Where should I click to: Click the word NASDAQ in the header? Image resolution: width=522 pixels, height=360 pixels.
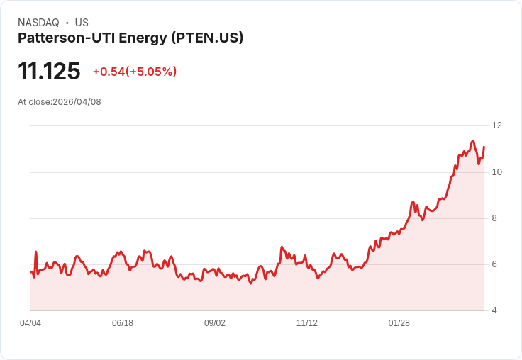tap(38, 23)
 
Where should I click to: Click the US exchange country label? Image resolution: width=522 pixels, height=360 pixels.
tap(82, 23)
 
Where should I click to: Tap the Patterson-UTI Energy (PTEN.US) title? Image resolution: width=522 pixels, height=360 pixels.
tap(130, 38)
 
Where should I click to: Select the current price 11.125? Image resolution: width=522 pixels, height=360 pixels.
tap(49, 71)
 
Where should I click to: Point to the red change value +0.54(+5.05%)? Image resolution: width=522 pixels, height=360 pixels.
tap(135, 72)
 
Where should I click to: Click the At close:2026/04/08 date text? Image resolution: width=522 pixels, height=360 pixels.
tap(60, 102)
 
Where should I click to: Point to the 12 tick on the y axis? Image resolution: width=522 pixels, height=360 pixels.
tap(496, 125)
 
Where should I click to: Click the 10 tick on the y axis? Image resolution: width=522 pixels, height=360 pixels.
tap(496, 172)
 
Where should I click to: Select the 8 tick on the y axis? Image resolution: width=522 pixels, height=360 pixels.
tap(494, 218)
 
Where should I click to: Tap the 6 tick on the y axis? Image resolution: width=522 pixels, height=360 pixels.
tap(494, 264)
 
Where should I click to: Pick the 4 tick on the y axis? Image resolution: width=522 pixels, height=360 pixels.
tap(494, 310)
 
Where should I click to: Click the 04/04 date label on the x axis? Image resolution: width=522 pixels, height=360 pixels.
tap(30, 323)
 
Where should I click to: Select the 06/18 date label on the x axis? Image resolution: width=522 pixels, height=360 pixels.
tap(123, 323)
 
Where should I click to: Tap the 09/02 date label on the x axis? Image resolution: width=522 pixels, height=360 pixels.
tap(215, 323)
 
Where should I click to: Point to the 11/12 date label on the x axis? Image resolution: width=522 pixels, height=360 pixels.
tap(307, 323)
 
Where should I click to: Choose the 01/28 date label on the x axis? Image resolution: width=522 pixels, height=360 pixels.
tap(399, 323)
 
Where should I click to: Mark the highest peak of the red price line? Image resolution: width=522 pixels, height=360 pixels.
tap(472, 141)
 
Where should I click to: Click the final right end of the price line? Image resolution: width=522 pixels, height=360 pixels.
tap(484, 147)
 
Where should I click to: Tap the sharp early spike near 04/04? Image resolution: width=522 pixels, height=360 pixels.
tap(35, 252)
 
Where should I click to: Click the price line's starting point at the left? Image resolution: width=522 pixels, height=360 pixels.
tap(31, 271)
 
